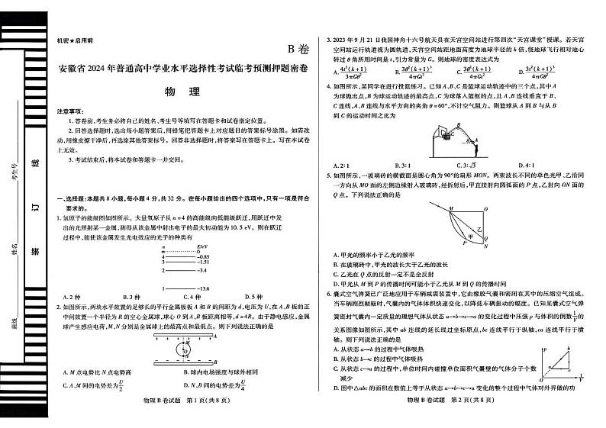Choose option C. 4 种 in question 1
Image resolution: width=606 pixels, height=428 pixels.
coord(187,297)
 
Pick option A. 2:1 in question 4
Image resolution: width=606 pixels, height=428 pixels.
coord(341,165)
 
